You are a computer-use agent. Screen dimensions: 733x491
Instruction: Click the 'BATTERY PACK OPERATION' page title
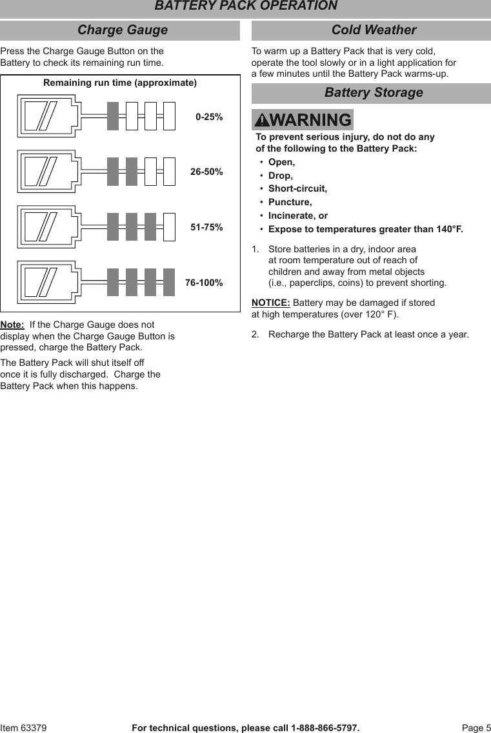[245, 6]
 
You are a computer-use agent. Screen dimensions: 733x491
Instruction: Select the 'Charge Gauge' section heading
[122, 30]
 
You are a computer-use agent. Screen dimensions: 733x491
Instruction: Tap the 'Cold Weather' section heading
[374, 30]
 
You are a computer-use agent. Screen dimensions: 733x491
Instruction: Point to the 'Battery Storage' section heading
[374, 93]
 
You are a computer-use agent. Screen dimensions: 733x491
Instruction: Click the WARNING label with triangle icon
[303, 120]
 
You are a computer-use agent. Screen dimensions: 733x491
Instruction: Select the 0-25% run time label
[209, 117]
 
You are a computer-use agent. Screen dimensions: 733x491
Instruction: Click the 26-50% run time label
[206, 172]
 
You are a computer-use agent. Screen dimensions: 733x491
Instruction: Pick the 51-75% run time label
[206, 228]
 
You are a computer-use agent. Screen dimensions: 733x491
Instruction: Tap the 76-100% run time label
[204, 283]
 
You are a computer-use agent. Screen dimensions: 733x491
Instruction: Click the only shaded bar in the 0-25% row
[113, 116]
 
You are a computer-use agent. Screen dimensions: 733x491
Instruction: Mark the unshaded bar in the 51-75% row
[169, 227]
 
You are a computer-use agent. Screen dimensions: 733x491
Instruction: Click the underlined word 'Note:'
[12, 325]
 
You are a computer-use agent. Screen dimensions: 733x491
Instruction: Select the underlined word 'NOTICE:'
[270, 303]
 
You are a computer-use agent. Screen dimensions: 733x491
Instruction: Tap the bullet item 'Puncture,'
[290, 203]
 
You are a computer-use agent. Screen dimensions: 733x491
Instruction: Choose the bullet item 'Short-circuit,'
[297, 189]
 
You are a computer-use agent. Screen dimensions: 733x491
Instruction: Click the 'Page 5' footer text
[476, 728]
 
